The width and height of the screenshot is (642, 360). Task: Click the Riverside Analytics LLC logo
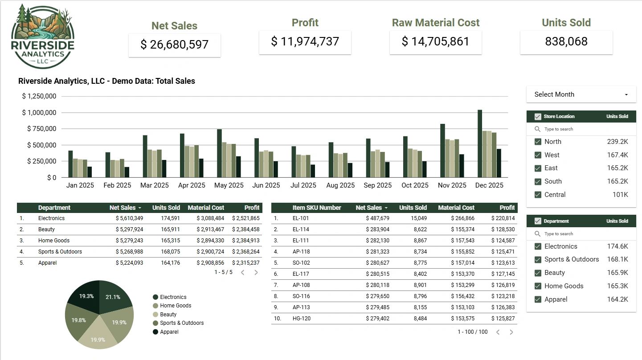pyautogui.click(x=43, y=36)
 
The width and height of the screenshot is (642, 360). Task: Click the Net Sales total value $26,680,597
pyautogui.click(x=174, y=45)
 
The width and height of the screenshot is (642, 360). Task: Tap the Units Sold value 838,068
pyautogui.click(x=566, y=41)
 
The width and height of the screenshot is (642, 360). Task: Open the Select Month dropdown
pyautogui.click(x=581, y=94)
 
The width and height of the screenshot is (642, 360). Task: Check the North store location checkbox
pyautogui.click(x=538, y=142)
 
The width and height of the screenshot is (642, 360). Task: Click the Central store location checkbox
pyautogui.click(x=538, y=195)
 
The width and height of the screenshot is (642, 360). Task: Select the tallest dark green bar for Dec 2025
pyautogui.click(x=480, y=143)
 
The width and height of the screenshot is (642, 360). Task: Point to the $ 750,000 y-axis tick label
pyautogui.click(x=41, y=129)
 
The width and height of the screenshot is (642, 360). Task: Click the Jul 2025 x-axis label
pyautogui.click(x=303, y=185)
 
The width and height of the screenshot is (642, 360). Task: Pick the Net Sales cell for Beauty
pyautogui.click(x=129, y=229)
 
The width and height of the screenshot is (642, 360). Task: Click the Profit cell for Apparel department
pyautogui.click(x=245, y=263)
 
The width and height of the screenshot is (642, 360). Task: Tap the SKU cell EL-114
pyautogui.click(x=301, y=229)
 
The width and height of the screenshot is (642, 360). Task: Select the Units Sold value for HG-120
pyautogui.click(x=420, y=319)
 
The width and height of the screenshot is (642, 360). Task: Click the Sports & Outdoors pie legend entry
pyautogui.click(x=178, y=323)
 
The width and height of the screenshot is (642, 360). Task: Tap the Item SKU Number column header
pyautogui.click(x=317, y=208)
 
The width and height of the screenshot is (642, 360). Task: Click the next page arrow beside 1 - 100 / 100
pyautogui.click(x=511, y=332)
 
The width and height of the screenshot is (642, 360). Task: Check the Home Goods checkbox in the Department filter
pyautogui.click(x=538, y=286)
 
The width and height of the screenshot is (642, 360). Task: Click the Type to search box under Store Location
pyautogui.click(x=581, y=129)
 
